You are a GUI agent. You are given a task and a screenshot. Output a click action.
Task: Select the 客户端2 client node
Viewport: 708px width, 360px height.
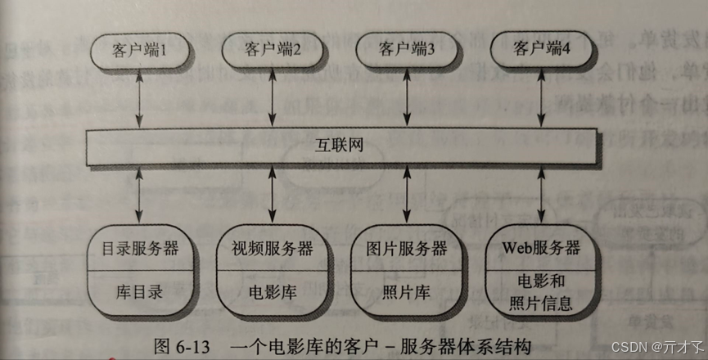[273, 50]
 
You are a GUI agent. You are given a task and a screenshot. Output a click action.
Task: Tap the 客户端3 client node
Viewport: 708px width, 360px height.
[406, 50]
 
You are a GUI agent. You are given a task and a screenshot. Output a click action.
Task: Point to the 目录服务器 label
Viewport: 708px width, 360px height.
[140, 247]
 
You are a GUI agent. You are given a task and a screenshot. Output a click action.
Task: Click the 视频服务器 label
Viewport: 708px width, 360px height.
[273, 247]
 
